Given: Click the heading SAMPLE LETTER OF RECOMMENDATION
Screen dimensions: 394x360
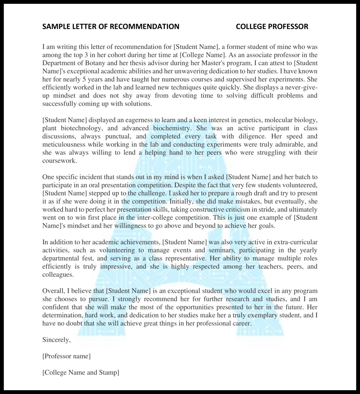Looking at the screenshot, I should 110,27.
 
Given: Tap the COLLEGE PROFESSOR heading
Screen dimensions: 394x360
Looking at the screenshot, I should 272,27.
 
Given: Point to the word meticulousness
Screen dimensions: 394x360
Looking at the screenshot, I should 65,145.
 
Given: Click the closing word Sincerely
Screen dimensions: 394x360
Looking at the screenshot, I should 56,339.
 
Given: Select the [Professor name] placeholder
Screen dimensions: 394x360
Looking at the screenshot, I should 66,356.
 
